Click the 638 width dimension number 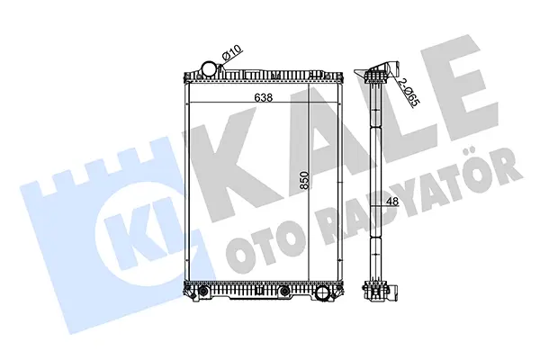coord(264,97)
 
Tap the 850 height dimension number coord(304,180)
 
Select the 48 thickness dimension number coord(392,201)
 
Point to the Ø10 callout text coord(232,53)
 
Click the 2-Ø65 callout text coord(409,92)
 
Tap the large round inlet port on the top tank coord(209,67)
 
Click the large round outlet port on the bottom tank coord(323,293)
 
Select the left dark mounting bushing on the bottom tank coord(204,292)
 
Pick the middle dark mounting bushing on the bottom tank coord(284,292)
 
